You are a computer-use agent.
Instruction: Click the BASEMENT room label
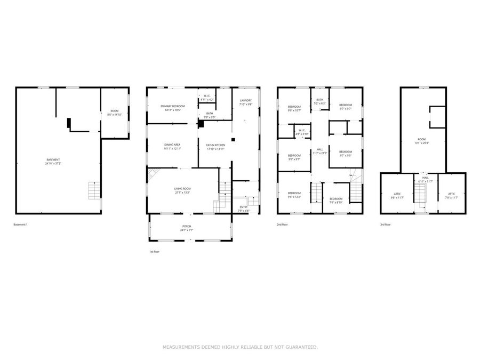point(53,162)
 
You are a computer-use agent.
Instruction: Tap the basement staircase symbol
point(94,190)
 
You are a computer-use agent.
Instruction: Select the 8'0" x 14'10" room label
point(114,113)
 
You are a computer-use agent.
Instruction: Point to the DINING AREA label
point(172,147)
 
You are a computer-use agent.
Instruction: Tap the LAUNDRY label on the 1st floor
point(245,102)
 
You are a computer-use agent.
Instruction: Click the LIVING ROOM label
point(182,190)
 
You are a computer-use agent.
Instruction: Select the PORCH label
point(187,228)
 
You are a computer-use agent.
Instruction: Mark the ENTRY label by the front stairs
point(243,208)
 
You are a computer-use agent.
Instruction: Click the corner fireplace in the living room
point(153,174)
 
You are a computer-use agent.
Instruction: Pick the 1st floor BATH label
point(210,115)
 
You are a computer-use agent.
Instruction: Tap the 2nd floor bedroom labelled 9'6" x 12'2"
point(294,195)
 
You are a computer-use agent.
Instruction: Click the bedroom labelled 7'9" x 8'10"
point(335,200)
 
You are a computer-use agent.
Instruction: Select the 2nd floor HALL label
point(319,151)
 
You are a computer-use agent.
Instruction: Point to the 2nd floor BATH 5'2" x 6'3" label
point(319,101)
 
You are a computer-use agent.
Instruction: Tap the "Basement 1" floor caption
point(20,225)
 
